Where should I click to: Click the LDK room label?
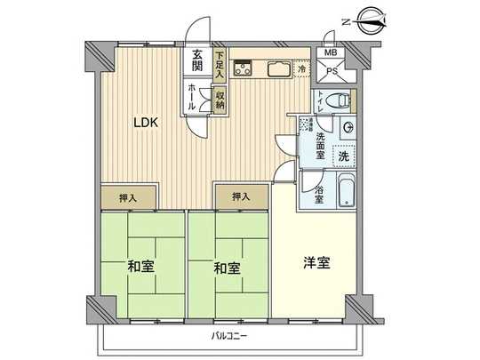click(147, 124)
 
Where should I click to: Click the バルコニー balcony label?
click(230, 336)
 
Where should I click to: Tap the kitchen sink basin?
click(275, 68)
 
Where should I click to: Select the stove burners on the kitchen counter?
click(244, 68)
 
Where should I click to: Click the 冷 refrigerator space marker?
click(302, 69)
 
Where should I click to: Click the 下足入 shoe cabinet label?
click(219, 61)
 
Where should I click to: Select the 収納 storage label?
click(220, 99)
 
